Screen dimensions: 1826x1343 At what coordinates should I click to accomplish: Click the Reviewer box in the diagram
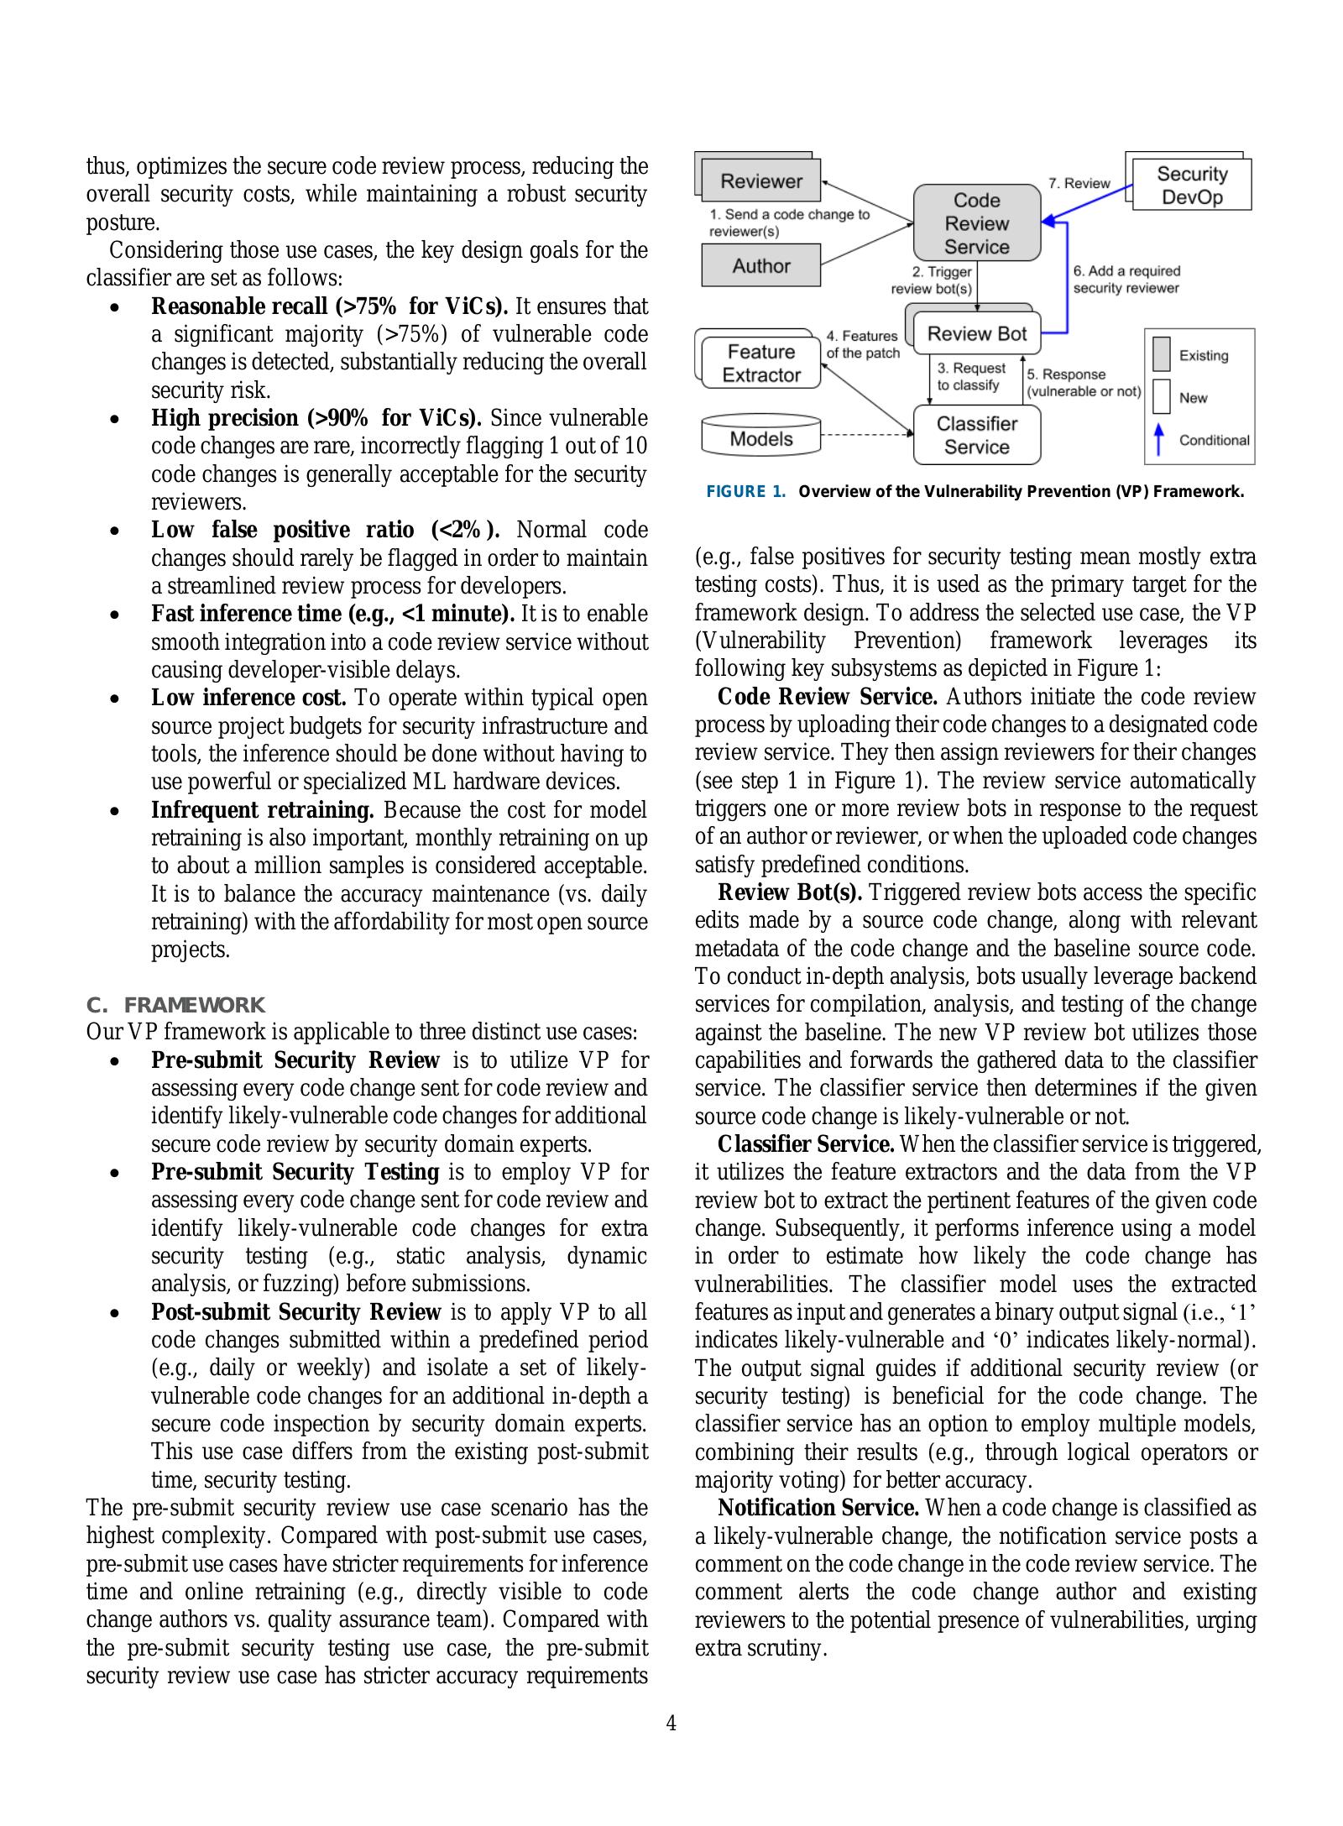pos(760,181)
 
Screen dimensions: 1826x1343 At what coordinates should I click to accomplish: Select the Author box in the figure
pos(760,266)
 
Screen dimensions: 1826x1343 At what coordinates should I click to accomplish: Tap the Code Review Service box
pos(976,223)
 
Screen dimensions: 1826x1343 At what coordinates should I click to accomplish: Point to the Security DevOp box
pos(1191,186)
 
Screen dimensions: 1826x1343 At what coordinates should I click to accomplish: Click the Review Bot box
pos(976,334)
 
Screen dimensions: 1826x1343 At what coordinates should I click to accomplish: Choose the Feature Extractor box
pos(760,364)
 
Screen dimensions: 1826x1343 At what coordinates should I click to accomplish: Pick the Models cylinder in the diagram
pos(760,438)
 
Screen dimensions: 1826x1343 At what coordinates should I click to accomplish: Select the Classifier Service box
pos(976,435)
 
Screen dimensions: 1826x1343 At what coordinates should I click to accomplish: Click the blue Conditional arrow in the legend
pos(1159,440)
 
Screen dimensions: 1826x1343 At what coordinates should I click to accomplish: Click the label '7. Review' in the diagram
pos(1079,183)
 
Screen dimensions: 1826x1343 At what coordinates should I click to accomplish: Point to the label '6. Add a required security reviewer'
pos(1126,280)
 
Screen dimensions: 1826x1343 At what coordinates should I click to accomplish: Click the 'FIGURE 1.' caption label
pos(745,492)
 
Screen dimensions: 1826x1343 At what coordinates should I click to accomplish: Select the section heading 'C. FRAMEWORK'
pos(175,1005)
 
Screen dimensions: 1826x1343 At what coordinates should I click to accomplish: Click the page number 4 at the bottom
pos(671,1724)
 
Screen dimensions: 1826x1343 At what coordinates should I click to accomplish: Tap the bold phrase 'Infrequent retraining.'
pos(263,810)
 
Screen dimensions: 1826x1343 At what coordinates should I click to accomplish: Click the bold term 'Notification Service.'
pos(818,1509)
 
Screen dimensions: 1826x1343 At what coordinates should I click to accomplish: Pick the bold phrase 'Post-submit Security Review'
pos(295,1312)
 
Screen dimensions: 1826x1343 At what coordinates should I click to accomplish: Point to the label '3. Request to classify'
pos(970,376)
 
